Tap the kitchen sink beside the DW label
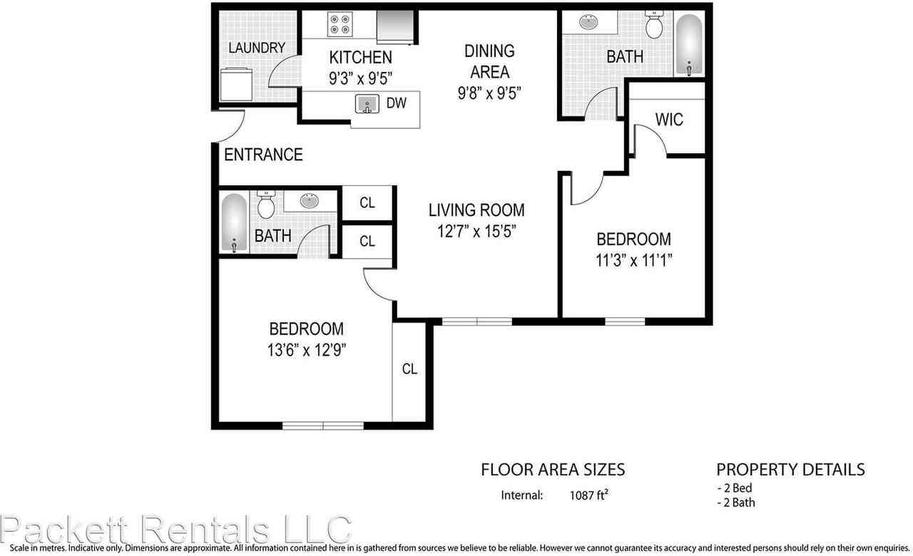tap(367, 104)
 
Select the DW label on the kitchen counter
tap(397, 103)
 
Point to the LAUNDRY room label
tap(257, 48)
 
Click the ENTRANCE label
tap(263, 155)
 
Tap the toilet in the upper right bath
tap(654, 26)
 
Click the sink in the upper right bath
tap(591, 22)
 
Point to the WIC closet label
tap(668, 119)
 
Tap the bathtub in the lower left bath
tap(234, 222)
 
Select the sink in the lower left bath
tap(310, 200)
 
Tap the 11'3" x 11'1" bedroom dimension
tap(634, 260)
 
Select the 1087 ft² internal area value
tap(588, 495)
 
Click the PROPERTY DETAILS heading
tap(790, 469)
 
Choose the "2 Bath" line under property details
tap(737, 502)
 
